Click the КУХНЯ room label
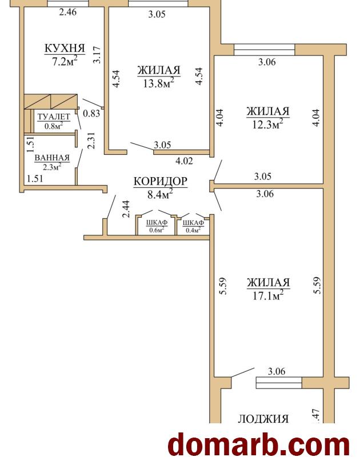(x=65, y=49)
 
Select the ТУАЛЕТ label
(x=54, y=117)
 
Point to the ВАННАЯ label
(x=52, y=158)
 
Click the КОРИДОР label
(x=161, y=182)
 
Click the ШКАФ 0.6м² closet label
(x=157, y=226)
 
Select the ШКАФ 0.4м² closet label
(x=193, y=226)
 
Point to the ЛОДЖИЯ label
(x=263, y=419)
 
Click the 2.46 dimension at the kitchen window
(x=68, y=12)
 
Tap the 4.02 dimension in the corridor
(x=184, y=161)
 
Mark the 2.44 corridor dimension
(x=127, y=209)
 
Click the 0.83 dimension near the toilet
(x=91, y=113)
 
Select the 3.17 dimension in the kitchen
(x=97, y=54)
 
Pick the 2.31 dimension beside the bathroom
(x=91, y=141)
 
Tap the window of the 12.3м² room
(x=264, y=50)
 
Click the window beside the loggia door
(x=279, y=383)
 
